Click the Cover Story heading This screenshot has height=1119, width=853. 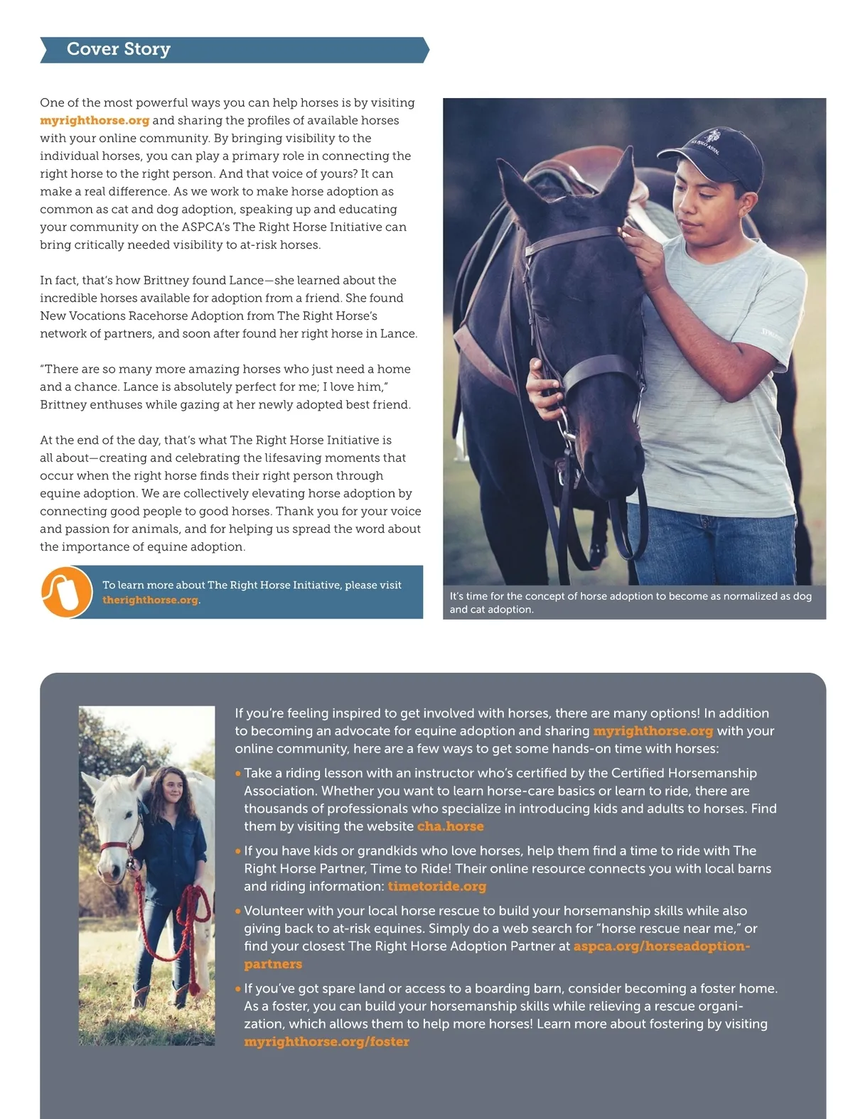point(119,49)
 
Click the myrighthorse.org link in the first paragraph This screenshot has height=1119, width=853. point(95,121)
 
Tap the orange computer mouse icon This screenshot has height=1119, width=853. point(66,592)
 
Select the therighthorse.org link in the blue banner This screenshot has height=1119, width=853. point(150,600)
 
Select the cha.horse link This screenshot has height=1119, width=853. point(450,826)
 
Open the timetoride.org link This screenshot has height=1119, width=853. point(436,887)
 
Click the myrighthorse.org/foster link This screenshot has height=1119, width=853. point(326,1042)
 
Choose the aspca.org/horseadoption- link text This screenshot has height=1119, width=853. point(661,946)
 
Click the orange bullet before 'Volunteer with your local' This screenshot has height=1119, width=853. point(238,911)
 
